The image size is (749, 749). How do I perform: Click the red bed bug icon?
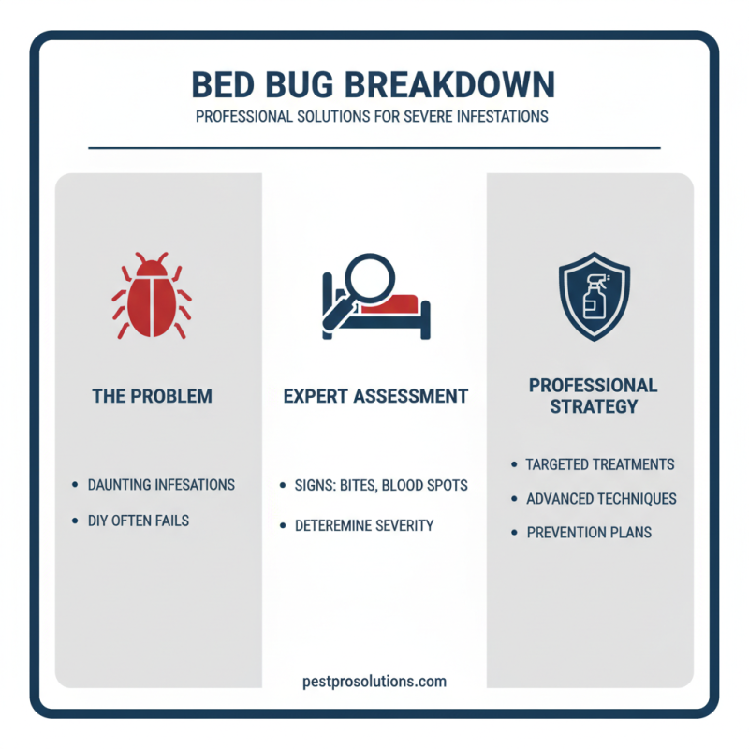[151, 297]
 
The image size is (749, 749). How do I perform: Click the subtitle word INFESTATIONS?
[493, 118]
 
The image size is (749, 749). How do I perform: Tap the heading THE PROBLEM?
[152, 396]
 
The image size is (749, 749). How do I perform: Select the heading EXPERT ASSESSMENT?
[375, 396]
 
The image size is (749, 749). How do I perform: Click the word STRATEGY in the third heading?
[593, 406]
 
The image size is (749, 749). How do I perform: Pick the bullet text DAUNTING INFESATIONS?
[161, 485]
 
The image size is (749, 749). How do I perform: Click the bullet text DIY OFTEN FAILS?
[139, 520]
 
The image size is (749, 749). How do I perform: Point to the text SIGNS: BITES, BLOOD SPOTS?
[382, 486]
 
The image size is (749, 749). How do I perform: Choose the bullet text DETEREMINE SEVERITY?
[364, 525]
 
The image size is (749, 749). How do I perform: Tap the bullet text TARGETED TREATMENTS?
[599, 464]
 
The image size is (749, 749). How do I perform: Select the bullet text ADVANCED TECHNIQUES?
[601, 498]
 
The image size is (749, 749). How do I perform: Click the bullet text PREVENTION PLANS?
[588, 532]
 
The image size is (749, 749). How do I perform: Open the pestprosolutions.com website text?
[374, 681]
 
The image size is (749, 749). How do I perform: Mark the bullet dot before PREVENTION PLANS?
[513, 532]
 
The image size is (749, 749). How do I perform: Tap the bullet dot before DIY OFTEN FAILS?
[75, 520]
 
